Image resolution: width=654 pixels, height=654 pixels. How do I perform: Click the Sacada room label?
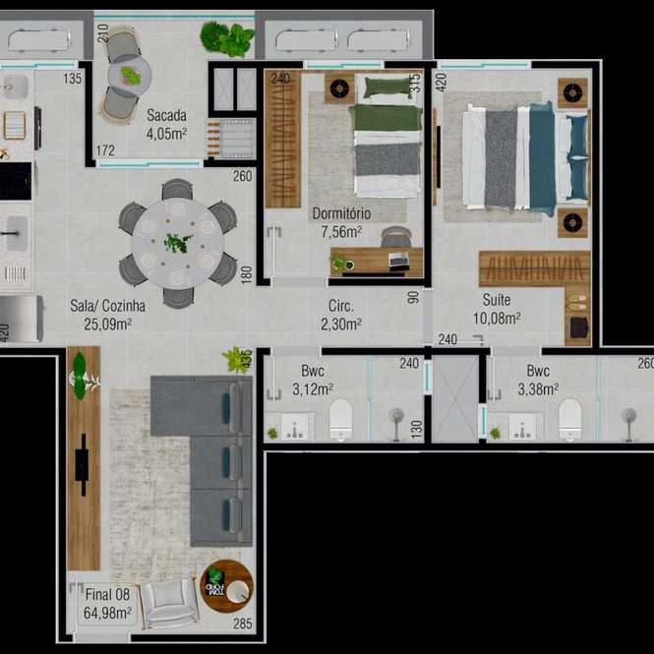tap(166, 115)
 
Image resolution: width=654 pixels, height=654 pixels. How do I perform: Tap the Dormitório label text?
tap(341, 213)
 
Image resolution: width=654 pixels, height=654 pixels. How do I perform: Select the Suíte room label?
tap(497, 300)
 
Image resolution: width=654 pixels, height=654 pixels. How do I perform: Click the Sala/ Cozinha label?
tap(107, 306)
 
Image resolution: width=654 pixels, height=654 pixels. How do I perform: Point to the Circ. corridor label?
tap(340, 306)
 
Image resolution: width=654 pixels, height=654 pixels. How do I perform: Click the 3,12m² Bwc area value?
tap(313, 389)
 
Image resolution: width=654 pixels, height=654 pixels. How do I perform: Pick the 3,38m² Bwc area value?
tap(538, 389)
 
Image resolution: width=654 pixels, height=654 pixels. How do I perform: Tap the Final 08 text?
tap(107, 594)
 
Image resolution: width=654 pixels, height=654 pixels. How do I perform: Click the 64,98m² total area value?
tap(107, 613)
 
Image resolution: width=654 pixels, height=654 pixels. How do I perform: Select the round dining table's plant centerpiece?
tap(177, 243)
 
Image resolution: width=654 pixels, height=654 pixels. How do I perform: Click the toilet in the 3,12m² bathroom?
tap(340, 419)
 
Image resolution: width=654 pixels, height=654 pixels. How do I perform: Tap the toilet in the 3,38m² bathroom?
tap(569, 419)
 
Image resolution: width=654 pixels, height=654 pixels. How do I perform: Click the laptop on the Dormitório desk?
tap(399, 260)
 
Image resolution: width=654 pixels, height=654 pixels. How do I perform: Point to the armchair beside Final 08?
tap(169, 603)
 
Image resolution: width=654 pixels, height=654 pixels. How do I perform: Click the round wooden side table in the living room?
tap(226, 586)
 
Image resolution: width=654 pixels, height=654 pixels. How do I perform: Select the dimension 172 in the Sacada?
tap(105, 150)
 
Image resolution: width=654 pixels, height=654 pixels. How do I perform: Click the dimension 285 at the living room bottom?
tap(242, 624)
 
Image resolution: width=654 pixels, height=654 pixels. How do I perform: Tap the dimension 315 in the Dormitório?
tap(415, 84)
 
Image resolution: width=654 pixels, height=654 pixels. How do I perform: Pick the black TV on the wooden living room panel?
tap(83, 464)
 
